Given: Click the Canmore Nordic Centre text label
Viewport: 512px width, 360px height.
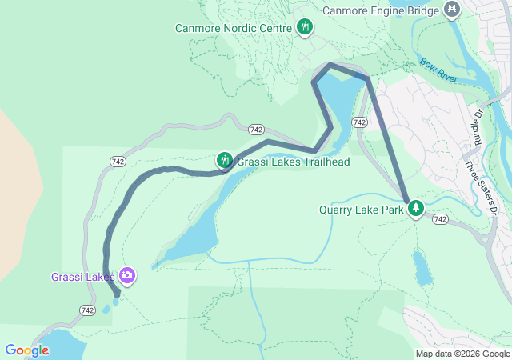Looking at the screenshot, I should coord(233,29).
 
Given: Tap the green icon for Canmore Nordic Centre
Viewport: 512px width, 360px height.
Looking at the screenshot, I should coord(304,28).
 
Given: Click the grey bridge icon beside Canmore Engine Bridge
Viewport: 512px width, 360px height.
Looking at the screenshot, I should coord(452,10).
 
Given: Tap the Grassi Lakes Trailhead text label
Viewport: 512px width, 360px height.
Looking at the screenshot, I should coord(294,162).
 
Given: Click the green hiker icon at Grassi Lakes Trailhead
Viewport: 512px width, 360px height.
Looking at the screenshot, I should coord(225,161).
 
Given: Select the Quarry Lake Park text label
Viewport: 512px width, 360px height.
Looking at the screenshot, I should coord(362,210).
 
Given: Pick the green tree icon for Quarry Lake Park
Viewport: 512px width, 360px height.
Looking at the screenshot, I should coord(415,210).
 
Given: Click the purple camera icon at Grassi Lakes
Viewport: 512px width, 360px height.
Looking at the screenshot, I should coord(127,276).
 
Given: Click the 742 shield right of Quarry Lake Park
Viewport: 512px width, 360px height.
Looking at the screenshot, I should coord(440,218).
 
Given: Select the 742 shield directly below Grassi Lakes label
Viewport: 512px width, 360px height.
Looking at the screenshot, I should coord(87,310).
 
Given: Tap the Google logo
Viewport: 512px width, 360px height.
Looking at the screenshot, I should coord(27,350).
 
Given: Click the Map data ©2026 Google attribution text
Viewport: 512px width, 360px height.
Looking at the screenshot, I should coord(462,354).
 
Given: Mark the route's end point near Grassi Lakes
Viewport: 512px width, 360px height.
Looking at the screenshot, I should coord(117,294).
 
